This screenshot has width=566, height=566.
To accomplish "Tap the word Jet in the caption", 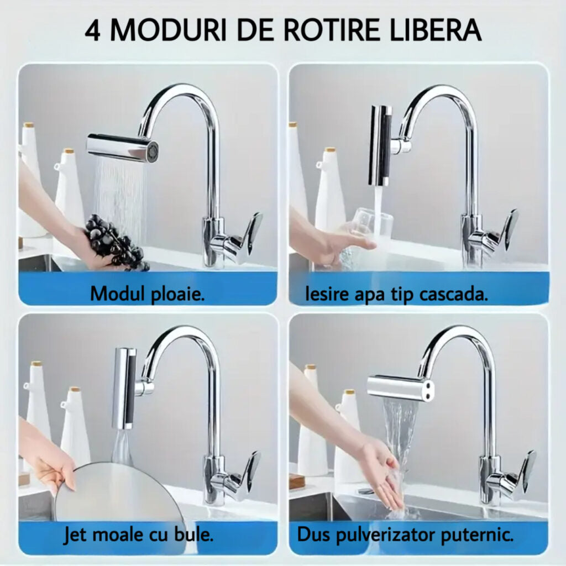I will click(x=75, y=535).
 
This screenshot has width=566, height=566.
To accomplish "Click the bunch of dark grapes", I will click(x=116, y=242).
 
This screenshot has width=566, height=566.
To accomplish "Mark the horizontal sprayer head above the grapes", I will click(x=122, y=147).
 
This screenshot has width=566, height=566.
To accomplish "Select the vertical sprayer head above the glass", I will click(x=381, y=145).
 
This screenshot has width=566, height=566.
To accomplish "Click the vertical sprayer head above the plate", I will click(x=124, y=387).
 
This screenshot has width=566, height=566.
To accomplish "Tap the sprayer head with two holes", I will click(x=400, y=387).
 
